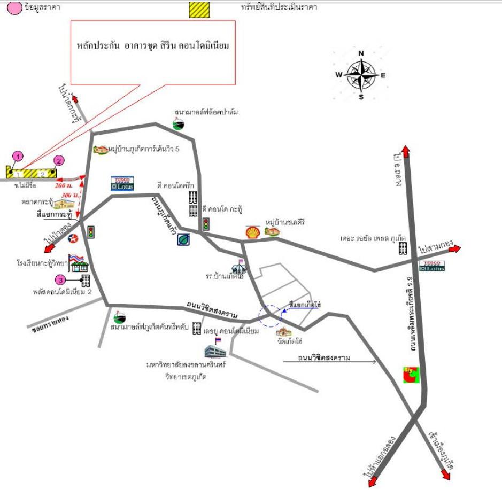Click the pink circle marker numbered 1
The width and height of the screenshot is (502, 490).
(18, 156)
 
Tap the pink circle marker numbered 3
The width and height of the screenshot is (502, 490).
(61, 279)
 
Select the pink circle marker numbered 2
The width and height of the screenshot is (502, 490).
(59, 160)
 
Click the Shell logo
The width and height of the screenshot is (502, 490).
(252, 231)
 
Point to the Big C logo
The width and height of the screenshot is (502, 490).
(412, 375)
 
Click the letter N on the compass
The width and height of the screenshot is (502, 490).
(361, 53)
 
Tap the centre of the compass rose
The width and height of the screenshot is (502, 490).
(361, 75)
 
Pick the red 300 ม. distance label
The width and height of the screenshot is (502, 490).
(69, 196)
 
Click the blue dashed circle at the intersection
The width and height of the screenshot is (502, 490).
(270, 315)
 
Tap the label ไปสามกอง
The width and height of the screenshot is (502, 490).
(434, 250)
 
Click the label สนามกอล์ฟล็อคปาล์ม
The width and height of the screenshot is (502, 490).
(206, 112)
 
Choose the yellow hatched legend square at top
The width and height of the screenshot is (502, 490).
(199, 9)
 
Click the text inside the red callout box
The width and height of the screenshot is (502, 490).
(153, 46)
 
